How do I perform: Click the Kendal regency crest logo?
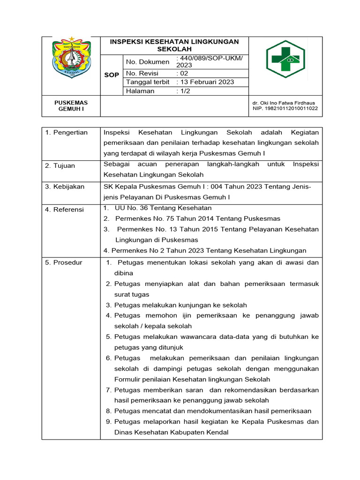point(71,58)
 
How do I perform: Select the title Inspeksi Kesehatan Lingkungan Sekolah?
point(174,45)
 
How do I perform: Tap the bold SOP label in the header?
point(112,75)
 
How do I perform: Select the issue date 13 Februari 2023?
point(205,82)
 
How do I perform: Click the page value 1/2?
point(183,91)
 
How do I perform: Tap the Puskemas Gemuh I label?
point(71,105)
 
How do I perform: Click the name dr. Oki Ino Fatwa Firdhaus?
point(284,102)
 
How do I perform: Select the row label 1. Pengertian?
point(67,133)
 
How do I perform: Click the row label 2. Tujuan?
point(60,165)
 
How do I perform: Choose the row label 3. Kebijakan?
point(65,187)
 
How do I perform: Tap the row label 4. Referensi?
point(65,210)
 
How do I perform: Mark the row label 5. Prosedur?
point(64,262)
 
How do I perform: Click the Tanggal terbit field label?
point(147,82)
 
